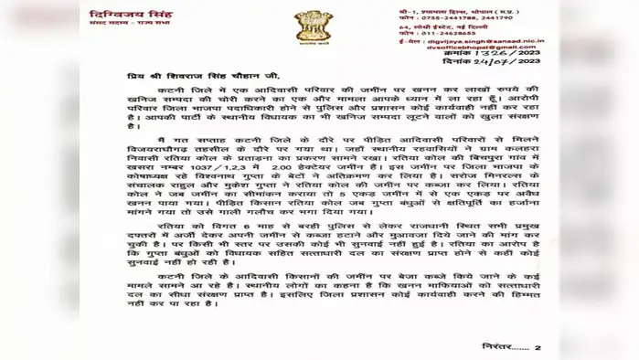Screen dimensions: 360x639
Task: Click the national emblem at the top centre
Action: coord(307,27)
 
